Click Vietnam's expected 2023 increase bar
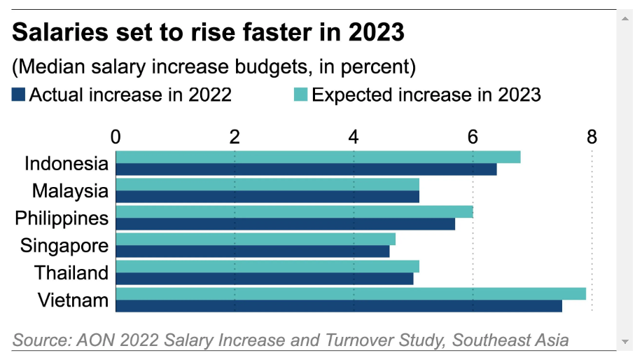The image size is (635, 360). tap(350, 293)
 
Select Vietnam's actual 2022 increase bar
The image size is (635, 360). tap(338, 306)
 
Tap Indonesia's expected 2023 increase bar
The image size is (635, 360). tap(318, 157)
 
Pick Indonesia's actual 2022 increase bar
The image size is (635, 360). tap(306, 169)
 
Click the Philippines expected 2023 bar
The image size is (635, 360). tap(294, 212)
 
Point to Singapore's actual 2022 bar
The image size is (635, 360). tap(252, 251)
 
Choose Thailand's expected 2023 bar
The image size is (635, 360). tap(267, 266)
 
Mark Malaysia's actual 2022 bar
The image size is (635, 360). tap(267, 197)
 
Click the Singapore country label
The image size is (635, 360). tap(64, 246)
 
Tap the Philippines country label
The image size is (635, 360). tap(62, 219)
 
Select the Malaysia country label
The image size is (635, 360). tap(70, 191)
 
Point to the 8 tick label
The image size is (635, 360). tap(592, 137)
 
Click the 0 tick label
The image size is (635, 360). tap(116, 137)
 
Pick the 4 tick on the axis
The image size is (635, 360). tap(354, 137)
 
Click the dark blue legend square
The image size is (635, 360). tap(19, 95)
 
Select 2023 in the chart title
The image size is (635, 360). tap(378, 33)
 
